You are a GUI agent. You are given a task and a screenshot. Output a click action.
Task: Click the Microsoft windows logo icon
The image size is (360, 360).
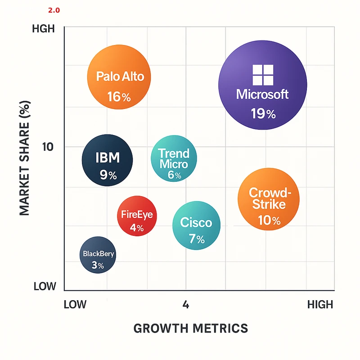pyautogui.click(x=263, y=75)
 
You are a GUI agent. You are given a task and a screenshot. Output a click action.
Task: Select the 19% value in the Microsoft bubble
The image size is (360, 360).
pyautogui.click(x=263, y=114)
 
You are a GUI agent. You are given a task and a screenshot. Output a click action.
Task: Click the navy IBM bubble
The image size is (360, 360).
pyautogui.click(x=108, y=160)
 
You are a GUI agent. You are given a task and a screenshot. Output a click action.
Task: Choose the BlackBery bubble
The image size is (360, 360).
pyautogui.click(x=98, y=255)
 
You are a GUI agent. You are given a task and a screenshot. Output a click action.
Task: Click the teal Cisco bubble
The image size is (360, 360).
pyautogui.click(x=197, y=225)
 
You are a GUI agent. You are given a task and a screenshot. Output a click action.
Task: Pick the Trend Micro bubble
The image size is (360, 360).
pyautogui.click(x=174, y=158)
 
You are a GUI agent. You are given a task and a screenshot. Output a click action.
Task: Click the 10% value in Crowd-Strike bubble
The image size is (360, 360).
pyautogui.click(x=269, y=220)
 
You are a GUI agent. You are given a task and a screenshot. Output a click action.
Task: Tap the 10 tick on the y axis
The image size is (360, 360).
pyautogui.click(x=48, y=147)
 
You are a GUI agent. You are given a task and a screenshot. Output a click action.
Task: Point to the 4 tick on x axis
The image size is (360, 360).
pyautogui.click(x=185, y=305)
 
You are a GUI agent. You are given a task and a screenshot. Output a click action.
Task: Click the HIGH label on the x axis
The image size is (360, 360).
pyautogui.click(x=320, y=305)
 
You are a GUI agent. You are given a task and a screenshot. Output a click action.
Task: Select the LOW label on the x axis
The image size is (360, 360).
pyautogui.click(x=75, y=305)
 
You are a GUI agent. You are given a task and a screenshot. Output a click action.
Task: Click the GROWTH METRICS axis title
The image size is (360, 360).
pyautogui.click(x=191, y=328)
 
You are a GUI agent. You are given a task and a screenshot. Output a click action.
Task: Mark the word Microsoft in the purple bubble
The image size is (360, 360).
pyautogui.click(x=262, y=94)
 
